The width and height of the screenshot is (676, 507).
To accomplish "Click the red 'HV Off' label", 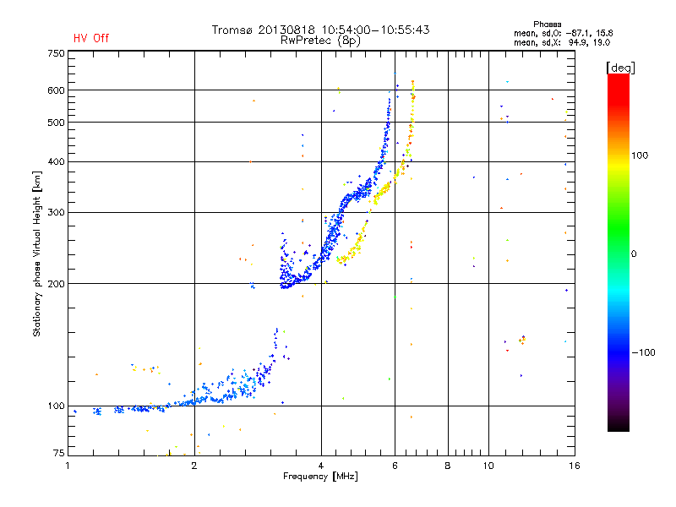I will (x=91, y=38).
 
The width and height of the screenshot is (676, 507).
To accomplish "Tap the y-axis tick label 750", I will (x=56, y=53).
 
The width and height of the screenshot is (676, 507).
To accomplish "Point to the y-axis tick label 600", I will (x=56, y=90).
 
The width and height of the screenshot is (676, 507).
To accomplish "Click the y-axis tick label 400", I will (x=56, y=161).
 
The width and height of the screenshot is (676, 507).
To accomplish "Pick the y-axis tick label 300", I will (x=56, y=212).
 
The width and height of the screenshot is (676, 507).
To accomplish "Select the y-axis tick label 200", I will (x=56, y=284).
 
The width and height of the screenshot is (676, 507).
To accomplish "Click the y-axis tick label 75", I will (x=58, y=455).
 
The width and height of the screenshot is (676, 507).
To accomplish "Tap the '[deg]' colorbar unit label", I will (x=619, y=67).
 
